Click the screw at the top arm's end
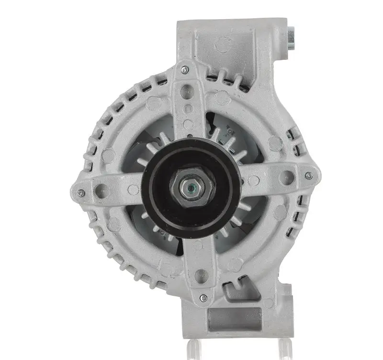click(185, 70)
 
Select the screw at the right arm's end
click(309, 176)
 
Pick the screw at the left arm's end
click(81, 193)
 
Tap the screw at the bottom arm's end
click(203, 298)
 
